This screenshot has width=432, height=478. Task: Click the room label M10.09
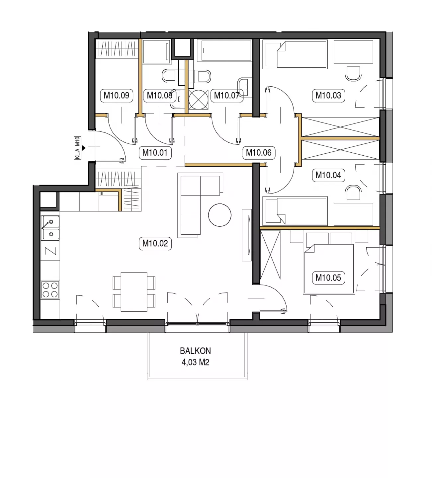tap(116, 96)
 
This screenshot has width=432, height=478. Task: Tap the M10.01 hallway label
tap(155, 153)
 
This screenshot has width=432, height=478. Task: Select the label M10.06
tap(259, 153)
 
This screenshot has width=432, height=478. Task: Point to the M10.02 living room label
tap(155, 243)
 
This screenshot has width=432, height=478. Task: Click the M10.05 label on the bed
tap(328, 278)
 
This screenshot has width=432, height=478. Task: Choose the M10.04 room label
tap(328, 175)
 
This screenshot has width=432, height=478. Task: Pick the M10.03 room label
tap(328, 96)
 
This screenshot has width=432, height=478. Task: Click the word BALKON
tap(195, 351)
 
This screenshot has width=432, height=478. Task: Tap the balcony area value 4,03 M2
tap(195, 362)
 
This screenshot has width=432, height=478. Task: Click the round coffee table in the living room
tap(219, 215)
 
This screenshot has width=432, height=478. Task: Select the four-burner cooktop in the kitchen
tap(50, 289)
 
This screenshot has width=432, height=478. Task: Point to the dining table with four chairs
tap(134, 292)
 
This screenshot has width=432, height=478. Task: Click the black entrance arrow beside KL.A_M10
tap(83, 148)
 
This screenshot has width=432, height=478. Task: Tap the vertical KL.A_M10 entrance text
tap(77, 148)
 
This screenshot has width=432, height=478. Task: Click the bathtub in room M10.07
tap(226, 50)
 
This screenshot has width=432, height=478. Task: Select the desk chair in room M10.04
tap(353, 193)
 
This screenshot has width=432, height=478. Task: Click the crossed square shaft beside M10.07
tap(198, 100)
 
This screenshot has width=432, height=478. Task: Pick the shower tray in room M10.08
tap(157, 52)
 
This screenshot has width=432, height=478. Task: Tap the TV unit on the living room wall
tap(247, 235)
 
